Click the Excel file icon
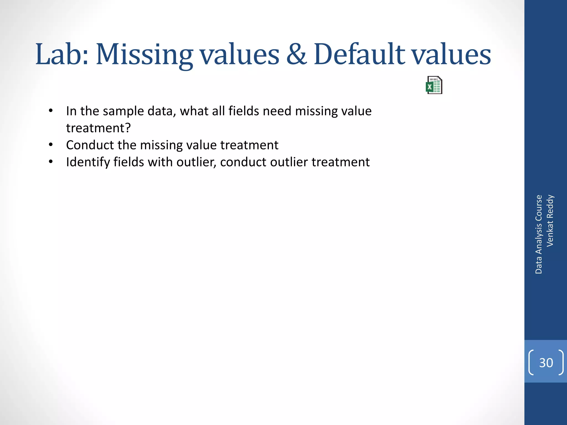coord(434,85)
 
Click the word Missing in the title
coord(144,55)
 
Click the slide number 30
coord(546,363)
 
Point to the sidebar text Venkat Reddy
coord(550,221)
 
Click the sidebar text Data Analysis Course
coord(538,234)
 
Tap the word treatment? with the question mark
coord(98,128)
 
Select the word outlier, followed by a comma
coord(196,162)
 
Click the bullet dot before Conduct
coord(50,145)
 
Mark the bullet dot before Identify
coord(50,162)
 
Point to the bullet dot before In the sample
coord(50,111)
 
